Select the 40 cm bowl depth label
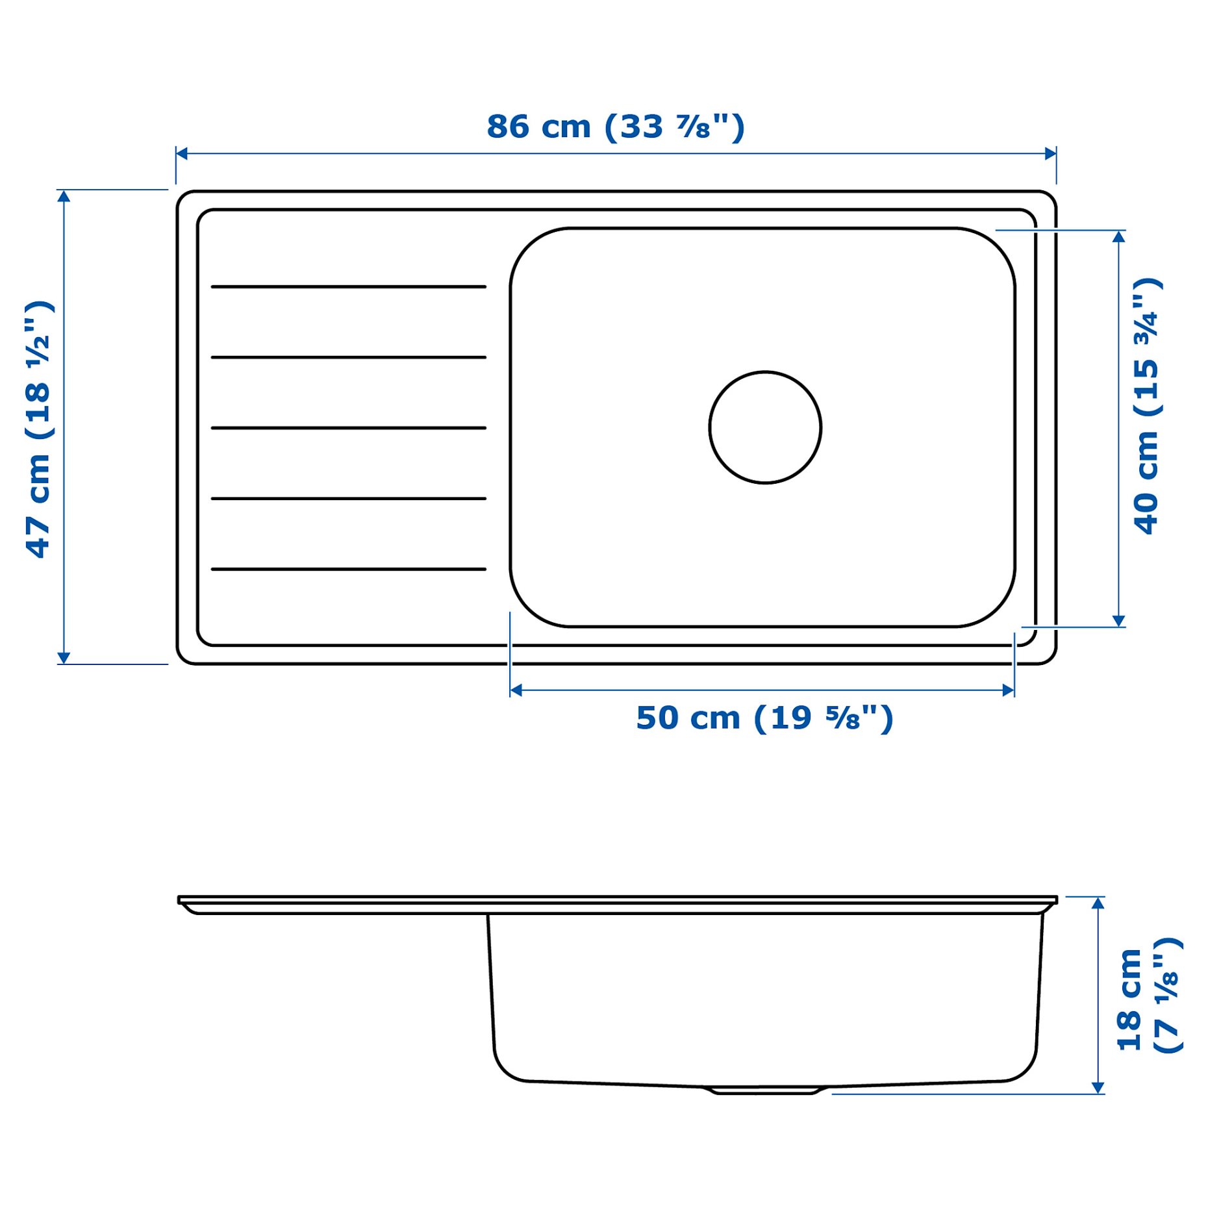click(x=1146, y=406)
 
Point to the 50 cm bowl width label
click(x=764, y=718)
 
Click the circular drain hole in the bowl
click(x=765, y=427)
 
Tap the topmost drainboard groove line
click(x=348, y=286)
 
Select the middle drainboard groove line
click(x=348, y=428)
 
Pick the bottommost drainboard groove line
click(x=348, y=569)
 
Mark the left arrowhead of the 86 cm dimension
click(x=182, y=153)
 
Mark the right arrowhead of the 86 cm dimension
click(x=1050, y=153)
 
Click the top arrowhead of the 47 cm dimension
click(x=63, y=196)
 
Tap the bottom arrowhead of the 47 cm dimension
click(x=63, y=658)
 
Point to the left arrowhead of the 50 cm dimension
click(x=516, y=690)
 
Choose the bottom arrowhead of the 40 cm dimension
click(x=1118, y=621)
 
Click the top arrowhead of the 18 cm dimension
click(x=1098, y=903)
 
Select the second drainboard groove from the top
click(x=348, y=357)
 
